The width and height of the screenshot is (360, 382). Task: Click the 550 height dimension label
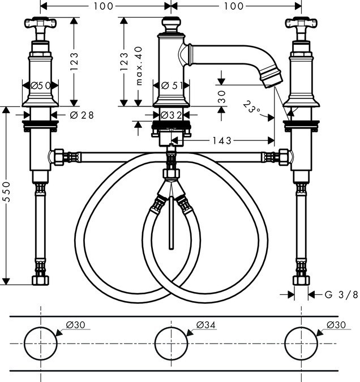click(6, 196)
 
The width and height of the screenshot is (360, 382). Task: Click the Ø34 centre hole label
click(206, 325)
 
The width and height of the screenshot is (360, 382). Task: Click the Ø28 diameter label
click(82, 115)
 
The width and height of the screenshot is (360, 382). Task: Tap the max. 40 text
click(138, 66)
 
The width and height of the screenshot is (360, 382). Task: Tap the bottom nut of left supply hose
click(40, 281)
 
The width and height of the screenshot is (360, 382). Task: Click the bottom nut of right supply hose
click(301, 281)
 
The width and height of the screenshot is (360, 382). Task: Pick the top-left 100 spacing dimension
click(105, 6)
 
